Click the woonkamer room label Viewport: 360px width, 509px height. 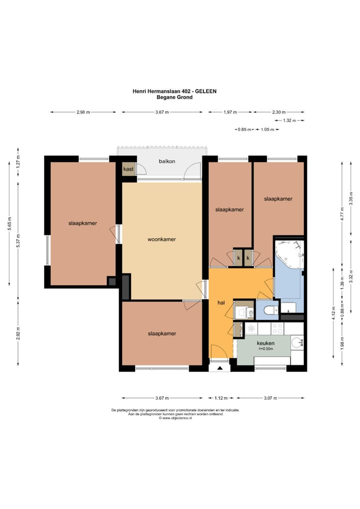[x=161, y=239]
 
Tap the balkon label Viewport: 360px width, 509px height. [x=167, y=161]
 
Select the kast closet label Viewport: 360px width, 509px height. [x=128, y=169]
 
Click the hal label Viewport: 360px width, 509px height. [x=221, y=302]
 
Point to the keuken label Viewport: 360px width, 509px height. [x=265, y=343]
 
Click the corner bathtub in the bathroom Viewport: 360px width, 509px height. [x=290, y=254]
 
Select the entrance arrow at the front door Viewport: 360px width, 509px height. [x=220, y=368]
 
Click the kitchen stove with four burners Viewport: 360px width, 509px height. [x=277, y=328]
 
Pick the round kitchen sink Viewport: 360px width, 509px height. [x=296, y=342]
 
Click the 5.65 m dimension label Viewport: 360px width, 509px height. [x=9, y=223]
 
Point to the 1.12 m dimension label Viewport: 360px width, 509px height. [x=221, y=398]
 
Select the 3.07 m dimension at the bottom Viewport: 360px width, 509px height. [x=270, y=398]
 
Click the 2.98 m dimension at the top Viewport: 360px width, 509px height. [x=83, y=112]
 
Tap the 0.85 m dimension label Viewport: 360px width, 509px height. [x=244, y=129]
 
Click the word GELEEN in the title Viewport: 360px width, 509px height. [x=205, y=91]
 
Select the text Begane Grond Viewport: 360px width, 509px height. [x=174, y=97]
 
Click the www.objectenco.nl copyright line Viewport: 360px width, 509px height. [x=175, y=418]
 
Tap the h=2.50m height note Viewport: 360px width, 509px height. [x=265, y=348]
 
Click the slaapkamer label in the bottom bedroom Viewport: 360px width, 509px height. [x=162, y=333]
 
